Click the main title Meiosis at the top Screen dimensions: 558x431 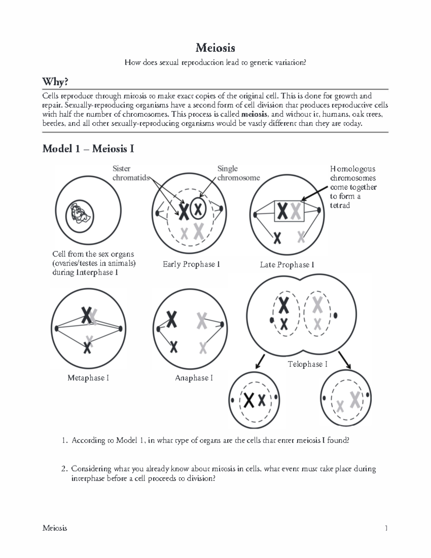pos(215,47)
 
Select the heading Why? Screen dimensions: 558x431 pos(55,82)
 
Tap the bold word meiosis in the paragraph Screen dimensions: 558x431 pos(254,115)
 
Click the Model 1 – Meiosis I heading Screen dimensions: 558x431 pos(88,149)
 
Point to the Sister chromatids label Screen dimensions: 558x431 pos(130,173)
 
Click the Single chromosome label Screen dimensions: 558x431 pos(238,173)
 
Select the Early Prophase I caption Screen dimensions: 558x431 pos(191,264)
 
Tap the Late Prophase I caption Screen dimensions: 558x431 pos(287,265)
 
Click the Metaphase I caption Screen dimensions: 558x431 pos(88,378)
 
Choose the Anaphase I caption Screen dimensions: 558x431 pos(194,378)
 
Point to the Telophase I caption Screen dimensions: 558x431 pos(307,364)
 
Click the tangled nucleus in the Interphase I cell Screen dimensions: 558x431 pos(80,217)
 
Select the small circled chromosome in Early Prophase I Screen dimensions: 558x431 pos(198,208)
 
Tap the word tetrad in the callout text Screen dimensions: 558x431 pos(340,206)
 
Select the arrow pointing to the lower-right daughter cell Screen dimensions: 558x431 pos(345,360)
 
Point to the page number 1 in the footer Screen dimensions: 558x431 pos(386,528)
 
